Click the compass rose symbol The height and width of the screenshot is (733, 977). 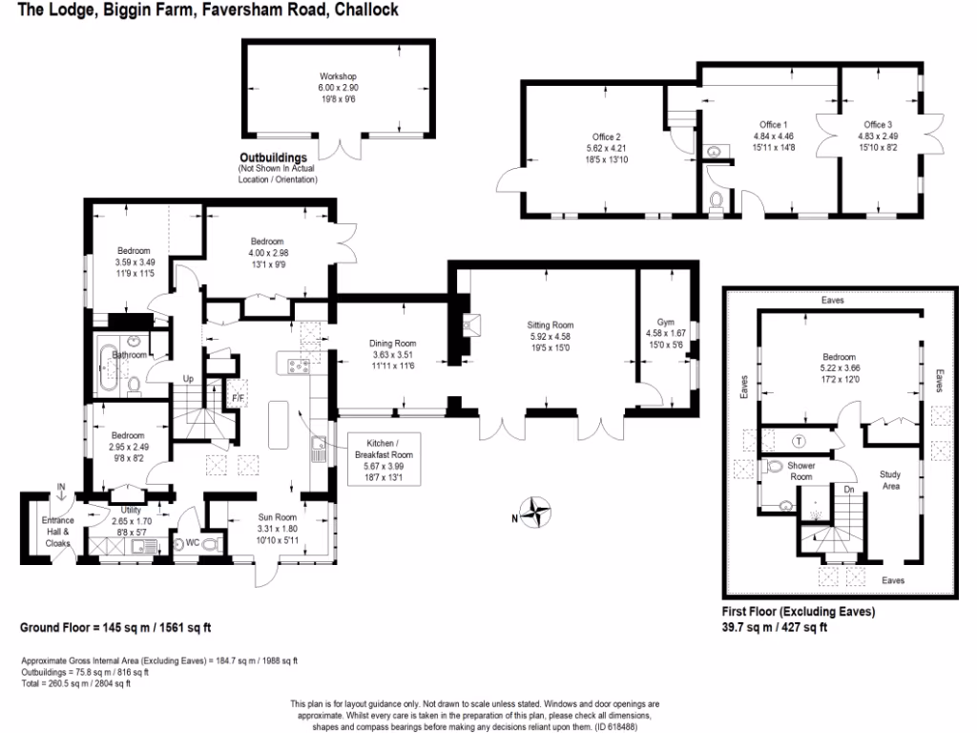coord(535,512)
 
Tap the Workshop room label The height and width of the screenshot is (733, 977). coord(339,76)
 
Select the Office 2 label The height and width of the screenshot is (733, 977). coord(606,137)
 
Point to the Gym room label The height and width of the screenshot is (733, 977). coord(665,323)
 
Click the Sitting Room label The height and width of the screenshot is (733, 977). coord(551,325)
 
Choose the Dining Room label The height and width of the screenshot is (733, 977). coord(392,343)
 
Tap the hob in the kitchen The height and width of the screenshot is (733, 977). coord(299,366)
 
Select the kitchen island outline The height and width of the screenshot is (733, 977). coord(279,425)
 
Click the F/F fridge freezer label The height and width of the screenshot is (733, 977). coord(238,398)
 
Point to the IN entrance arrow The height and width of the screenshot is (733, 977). coord(61,492)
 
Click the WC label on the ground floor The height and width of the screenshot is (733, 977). coord(193,542)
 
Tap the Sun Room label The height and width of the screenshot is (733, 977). coord(278,516)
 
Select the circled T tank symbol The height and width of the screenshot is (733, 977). coord(799,441)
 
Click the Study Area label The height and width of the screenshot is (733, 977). coord(890,480)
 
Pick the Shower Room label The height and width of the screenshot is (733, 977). coord(801,471)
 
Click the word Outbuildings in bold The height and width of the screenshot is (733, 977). coord(274,157)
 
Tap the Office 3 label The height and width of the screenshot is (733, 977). coord(878,125)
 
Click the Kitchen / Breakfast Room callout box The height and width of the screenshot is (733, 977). coord(384,459)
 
